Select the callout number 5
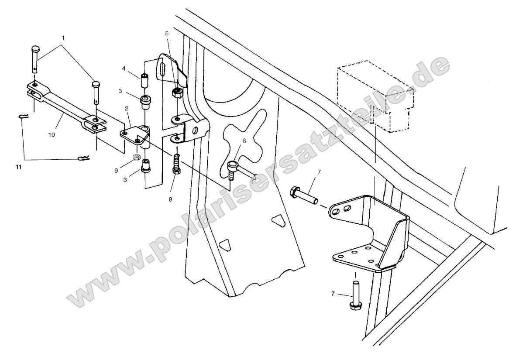coord(166,33)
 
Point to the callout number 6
coord(244,141)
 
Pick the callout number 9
coord(117,171)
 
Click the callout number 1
coord(63,38)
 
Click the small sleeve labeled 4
coord(144,81)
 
